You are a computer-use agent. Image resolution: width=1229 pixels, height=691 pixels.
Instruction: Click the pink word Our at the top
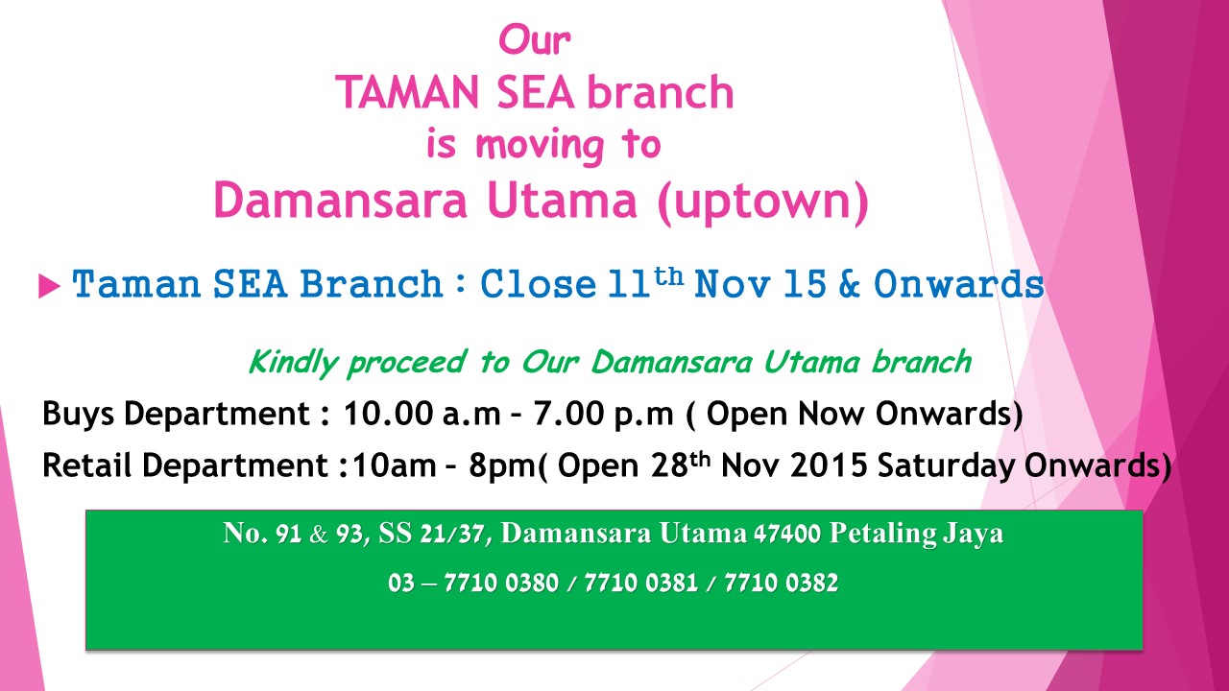click(x=535, y=39)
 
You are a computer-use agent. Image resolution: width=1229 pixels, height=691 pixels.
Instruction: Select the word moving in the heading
click(x=540, y=146)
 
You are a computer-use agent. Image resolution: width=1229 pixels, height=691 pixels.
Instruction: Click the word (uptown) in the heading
click(x=763, y=202)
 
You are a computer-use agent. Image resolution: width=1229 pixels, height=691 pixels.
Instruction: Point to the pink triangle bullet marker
click(x=49, y=286)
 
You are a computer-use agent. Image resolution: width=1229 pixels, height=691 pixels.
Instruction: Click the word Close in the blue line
click(x=538, y=284)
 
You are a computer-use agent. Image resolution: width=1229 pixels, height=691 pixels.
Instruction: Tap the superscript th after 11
click(x=669, y=276)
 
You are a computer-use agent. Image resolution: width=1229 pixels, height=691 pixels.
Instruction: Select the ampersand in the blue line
click(x=849, y=284)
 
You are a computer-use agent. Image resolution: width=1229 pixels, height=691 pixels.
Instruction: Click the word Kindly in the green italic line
click(x=294, y=363)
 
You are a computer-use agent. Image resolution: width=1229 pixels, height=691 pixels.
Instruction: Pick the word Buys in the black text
click(x=79, y=414)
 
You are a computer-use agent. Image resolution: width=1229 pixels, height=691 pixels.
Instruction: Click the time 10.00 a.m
click(x=422, y=413)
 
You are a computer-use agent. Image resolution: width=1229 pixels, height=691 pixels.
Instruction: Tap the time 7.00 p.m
click(x=602, y=414)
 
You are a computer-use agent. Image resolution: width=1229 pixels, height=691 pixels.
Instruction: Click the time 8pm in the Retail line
click(x=501, y=466)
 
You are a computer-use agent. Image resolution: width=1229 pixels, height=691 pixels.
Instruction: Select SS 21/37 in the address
click(x=435, y=533)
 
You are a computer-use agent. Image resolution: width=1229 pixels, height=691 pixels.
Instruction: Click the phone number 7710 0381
click(x=640, y=583)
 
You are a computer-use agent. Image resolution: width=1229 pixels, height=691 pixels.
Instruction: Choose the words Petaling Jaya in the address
click(x=916, y=534)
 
